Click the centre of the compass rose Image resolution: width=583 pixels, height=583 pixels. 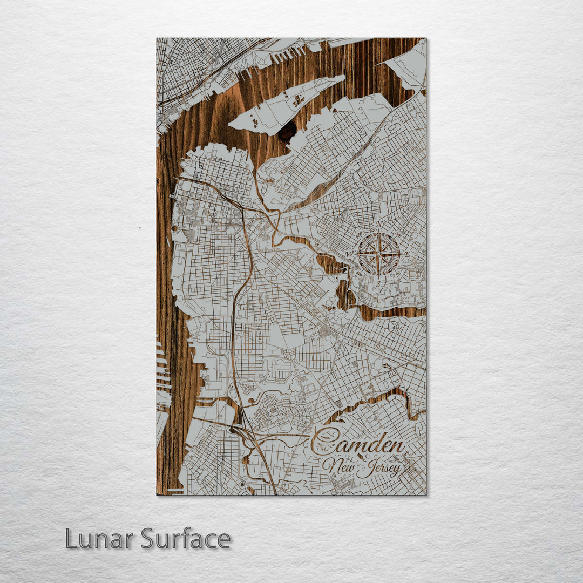tap(379, 254)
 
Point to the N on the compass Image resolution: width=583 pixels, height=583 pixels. tap(379, 225)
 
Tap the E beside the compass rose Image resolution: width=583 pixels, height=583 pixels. tap(408, 254)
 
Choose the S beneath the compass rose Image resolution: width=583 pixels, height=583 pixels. tap(379, 283)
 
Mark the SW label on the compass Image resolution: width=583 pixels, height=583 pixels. tap(360, 273)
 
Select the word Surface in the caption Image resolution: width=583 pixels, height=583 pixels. tap(186, 539)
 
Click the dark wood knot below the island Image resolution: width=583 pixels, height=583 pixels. tap(287, 131)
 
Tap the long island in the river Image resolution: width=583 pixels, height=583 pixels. tap(286, 105)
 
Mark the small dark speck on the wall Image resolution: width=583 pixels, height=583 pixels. tap(140, 228)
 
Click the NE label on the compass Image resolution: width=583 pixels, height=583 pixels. tap(399, 235)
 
